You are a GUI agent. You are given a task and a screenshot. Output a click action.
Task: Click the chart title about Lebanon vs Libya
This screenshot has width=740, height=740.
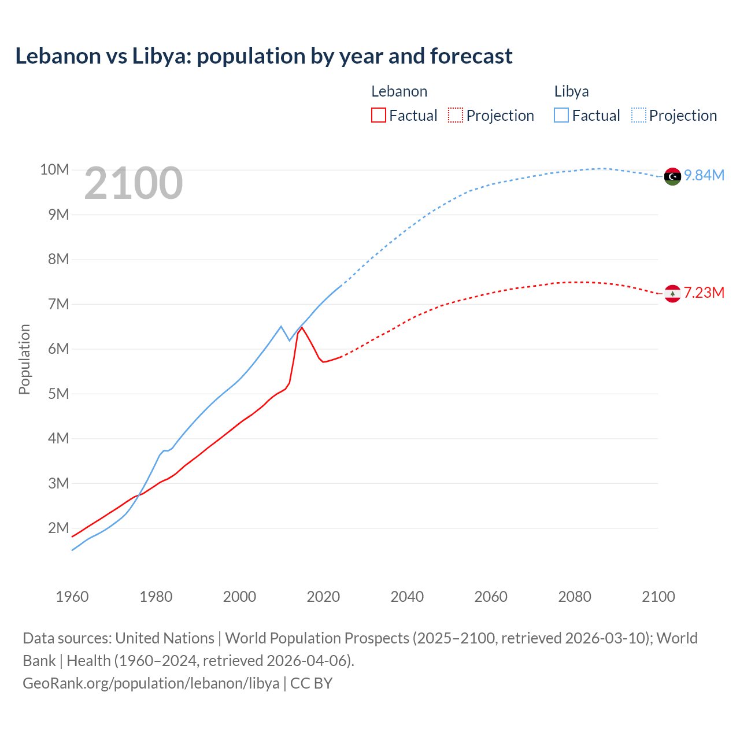tap(264, 56)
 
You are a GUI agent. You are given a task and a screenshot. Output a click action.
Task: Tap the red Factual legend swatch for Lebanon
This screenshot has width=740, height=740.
tap(378, 115)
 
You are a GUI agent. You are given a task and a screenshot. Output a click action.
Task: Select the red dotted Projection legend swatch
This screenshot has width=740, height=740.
tap(455, 115)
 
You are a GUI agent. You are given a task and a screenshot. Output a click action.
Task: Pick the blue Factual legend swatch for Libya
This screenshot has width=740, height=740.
tap(561, 115)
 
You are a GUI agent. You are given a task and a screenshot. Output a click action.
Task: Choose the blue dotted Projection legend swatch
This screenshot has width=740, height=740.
tap(638, 115)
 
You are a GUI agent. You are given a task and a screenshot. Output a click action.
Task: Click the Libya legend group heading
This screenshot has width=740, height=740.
tap(571, 91)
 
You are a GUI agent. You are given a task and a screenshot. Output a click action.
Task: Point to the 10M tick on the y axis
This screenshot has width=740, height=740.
tap(54, 169)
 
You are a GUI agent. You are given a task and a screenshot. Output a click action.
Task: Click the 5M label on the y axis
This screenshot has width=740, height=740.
tap(58, 394)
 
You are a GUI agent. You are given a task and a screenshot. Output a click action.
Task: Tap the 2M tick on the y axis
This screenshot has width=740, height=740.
tap(58, 528)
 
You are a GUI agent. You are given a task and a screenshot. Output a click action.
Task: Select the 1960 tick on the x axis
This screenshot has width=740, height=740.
tap(72, 597)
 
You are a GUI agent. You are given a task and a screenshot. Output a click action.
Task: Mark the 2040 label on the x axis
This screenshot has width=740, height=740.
tap(407, 597)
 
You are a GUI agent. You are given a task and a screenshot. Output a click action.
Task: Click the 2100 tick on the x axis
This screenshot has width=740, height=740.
tap(658, 597)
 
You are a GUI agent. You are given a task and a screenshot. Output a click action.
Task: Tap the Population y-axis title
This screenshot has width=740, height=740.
tap(24, 359)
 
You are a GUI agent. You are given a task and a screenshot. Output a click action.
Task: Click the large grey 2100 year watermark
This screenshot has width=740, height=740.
tap(134, 183)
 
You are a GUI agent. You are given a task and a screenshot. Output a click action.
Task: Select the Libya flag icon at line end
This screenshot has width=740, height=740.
tap(672, 176)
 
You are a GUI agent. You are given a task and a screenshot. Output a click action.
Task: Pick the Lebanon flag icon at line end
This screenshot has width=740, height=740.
tap(672, 294)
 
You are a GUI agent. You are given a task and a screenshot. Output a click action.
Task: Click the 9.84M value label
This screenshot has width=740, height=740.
tap(704, 175)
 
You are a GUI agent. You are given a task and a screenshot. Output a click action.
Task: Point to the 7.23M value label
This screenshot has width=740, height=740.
tap(704, 293)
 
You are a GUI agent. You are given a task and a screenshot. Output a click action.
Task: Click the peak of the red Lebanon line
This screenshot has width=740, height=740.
tap(302, 328)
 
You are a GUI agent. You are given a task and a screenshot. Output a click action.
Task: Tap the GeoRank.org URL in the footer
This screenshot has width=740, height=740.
tap(151, 683)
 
